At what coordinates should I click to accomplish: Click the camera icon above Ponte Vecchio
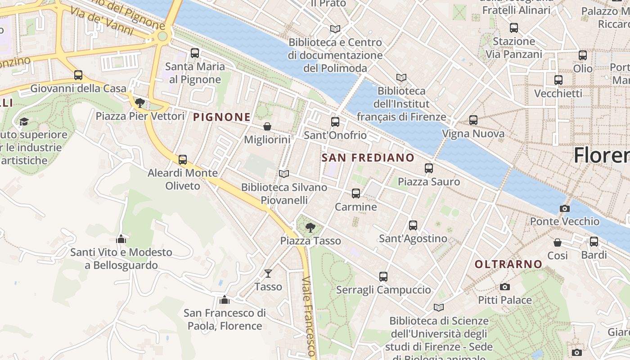tap(564, 208)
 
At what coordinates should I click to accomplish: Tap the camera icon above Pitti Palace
tap(504, 287)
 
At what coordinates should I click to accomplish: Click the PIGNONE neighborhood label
tap(222, 117)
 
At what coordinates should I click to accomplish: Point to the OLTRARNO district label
tap(508, 264)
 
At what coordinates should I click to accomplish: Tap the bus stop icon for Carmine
tap(356, 193)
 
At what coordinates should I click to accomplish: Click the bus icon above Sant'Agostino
tap(413, 225)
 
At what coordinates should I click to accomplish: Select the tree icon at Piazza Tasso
tap(310, 227)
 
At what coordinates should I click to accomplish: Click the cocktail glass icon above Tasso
tap(268, 273)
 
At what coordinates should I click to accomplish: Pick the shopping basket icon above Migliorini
tap(267, 126)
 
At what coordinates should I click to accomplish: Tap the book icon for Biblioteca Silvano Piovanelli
tap(283, 174)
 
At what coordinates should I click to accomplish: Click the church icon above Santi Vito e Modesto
tap(121, 239)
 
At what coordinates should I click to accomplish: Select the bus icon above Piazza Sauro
tap(429, 168)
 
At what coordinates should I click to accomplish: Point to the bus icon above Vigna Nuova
tap(473, 120)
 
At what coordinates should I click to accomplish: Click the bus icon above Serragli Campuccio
tap(383, 277)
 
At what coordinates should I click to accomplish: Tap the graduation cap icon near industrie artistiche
tap(24, 121)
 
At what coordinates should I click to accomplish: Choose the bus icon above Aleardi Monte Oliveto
tap(183, 160)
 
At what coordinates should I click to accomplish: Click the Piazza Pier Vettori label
tap(140, 116)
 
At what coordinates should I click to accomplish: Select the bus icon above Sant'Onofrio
tap(335, 122)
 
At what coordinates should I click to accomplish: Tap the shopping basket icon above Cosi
tap(558, 243)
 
